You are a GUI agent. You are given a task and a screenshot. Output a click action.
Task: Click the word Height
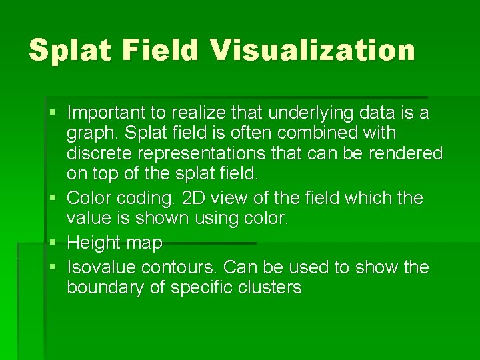95,243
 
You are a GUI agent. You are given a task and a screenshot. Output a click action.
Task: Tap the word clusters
273,289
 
